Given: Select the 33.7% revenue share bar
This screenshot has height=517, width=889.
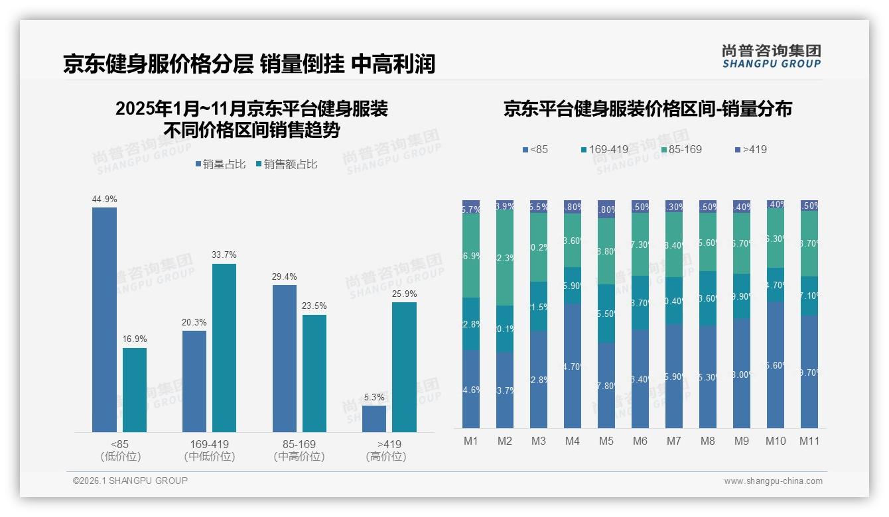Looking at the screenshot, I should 224,348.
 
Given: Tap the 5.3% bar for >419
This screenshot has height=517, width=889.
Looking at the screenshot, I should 374,419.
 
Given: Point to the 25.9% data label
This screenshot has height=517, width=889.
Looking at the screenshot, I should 404,294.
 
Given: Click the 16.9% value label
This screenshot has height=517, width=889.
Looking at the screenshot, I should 135,339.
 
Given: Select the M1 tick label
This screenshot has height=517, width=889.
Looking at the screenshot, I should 470,441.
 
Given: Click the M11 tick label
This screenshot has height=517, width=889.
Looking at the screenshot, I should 809,441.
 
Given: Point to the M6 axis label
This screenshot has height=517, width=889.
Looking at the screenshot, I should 640,441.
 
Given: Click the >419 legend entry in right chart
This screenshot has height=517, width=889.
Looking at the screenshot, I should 750,149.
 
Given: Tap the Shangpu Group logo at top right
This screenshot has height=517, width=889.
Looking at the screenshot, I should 771,56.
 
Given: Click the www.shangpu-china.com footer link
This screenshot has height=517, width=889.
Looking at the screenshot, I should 773,481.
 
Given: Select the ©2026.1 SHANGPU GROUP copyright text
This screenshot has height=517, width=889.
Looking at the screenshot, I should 130,481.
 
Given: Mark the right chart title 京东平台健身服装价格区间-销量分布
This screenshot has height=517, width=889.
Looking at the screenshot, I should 648,109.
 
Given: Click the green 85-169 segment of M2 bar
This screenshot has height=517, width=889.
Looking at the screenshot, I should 505,258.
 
